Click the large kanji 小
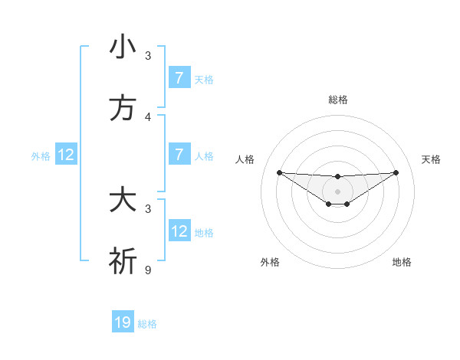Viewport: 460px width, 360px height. tap(123, 47)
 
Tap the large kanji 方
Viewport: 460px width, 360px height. tap(123, 109)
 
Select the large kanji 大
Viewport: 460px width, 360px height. tap(123, 201)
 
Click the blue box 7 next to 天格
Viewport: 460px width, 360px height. tap(179, 78)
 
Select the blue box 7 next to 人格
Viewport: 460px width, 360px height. tap(179, 155)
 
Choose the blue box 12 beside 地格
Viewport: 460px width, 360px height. tap(179, 231)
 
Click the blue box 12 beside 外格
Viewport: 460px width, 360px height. tap(66, 155)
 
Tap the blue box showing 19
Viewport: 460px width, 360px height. tap(123, 322)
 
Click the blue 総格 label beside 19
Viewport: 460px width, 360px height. tap(147, 324)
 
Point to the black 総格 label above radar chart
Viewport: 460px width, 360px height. tap(337, 100)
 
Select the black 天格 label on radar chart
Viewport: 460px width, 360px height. tap(431, 159)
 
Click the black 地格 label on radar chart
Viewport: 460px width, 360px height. tap(402, 262)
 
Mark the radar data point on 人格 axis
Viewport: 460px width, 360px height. tap(279, 172)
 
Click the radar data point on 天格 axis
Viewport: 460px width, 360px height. tap(396, 172)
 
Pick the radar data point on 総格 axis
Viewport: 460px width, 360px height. tap(337, 177)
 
